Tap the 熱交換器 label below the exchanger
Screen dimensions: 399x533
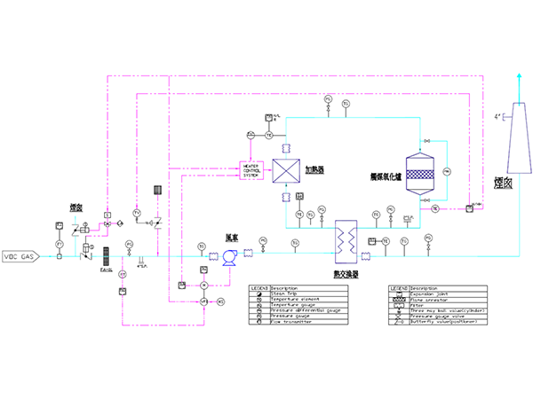346,275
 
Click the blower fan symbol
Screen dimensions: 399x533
226,256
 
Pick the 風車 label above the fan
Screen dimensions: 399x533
232,237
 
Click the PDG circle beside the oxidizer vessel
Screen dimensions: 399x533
447,170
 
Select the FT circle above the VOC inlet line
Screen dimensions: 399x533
60,243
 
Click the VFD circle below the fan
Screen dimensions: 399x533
203,302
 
